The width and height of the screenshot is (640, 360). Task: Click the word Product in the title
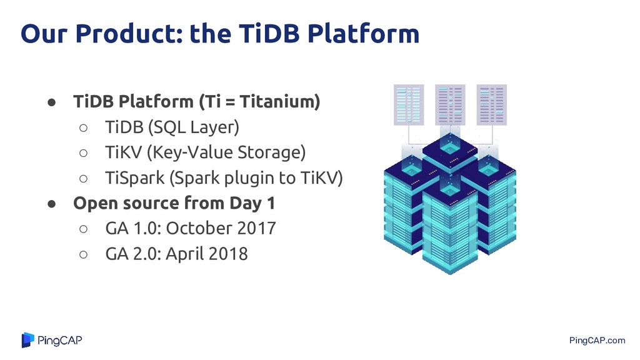(129, 33)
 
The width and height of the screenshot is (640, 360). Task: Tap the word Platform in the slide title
(363, 33)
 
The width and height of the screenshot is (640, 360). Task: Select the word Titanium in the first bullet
(279, 101)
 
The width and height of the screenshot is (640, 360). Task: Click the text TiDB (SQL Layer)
(172, 127)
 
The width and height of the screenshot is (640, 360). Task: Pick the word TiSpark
(135, 178)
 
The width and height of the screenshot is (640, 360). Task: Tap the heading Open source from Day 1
(174, 203)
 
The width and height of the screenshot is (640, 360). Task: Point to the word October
(199, 228)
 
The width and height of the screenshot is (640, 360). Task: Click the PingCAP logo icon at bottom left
(27, 340)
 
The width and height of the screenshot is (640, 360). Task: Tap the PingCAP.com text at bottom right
(597, 341)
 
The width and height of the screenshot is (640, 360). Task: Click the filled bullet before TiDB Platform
(51, 102)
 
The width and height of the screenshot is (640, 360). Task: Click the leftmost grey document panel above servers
(409, 104)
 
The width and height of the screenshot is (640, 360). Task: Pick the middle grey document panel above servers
(450, 104)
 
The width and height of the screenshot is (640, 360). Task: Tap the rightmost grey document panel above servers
(492, 104)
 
